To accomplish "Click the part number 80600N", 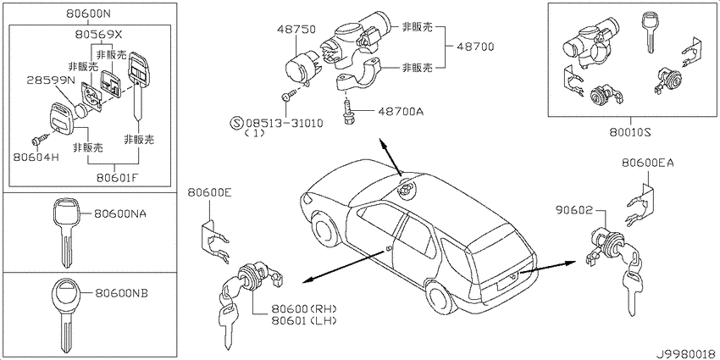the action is [x=88, y=14].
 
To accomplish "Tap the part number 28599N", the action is [x=51, y=80].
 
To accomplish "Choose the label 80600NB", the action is [x=121, y=292].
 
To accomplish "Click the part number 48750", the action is [x=296, y=30].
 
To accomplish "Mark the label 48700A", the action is [x=401, y=111].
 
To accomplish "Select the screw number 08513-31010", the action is [x=285, y=123].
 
